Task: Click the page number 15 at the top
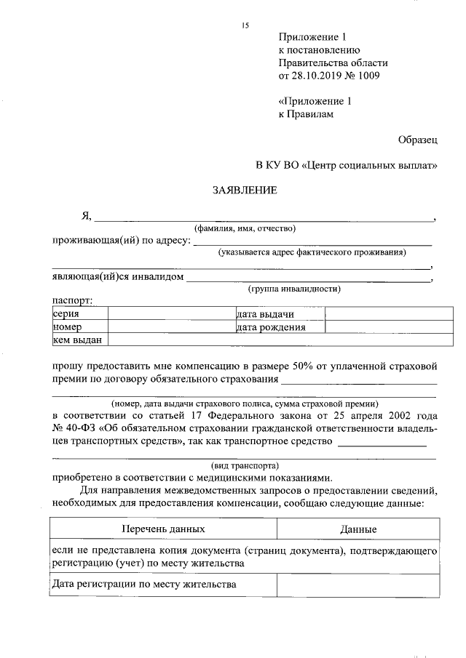245,26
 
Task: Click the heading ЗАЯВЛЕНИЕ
244,191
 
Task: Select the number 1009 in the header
368,75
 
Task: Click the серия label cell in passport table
79,314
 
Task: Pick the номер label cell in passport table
79,327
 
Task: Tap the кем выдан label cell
79,340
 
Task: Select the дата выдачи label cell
279,314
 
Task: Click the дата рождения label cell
279,327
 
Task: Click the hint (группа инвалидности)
294,289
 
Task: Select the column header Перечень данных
163,529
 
